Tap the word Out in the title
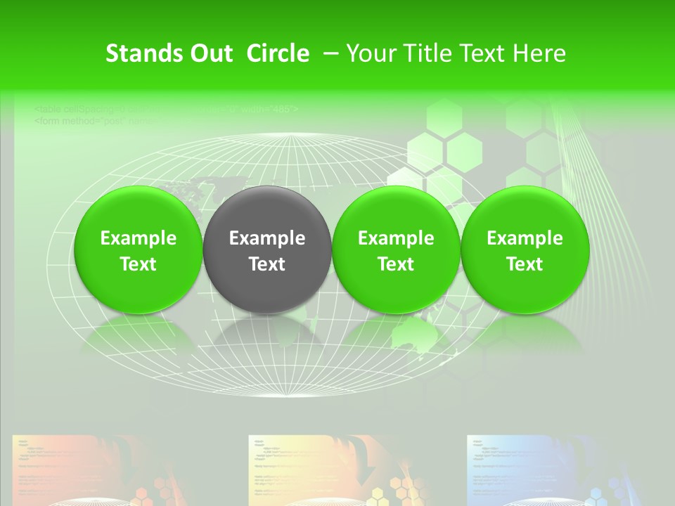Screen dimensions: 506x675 click(212, 53)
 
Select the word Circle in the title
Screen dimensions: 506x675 click(278, 53)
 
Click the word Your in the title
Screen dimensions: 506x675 click(371, 53)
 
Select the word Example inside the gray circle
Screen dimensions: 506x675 click(267, 238)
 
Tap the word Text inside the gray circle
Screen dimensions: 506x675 click(267, 264)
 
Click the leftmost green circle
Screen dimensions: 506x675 click(138, 249)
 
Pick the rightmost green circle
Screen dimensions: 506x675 click(525, 249)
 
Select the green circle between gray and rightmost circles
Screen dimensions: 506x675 click(396, 249)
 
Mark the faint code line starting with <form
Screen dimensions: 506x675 click(98, 120)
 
